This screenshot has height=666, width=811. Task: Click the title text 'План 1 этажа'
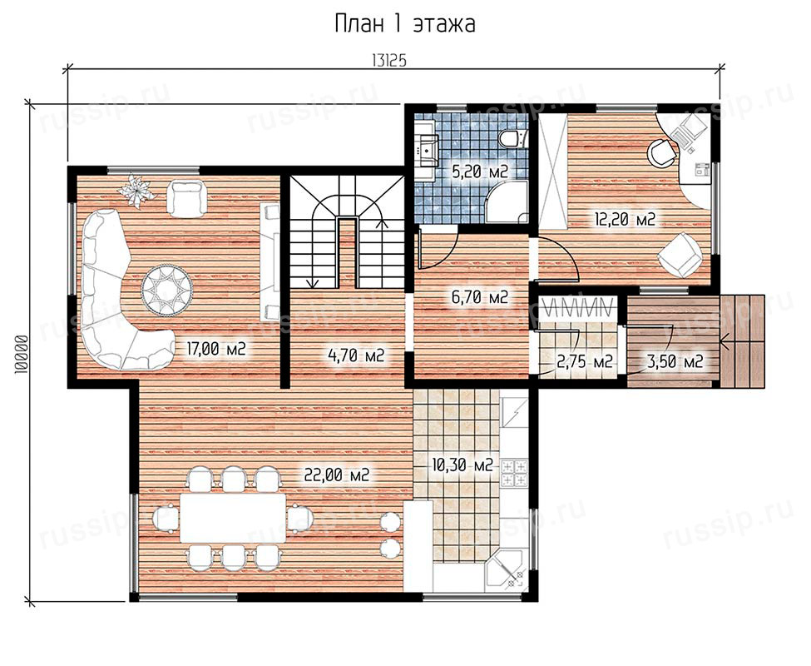click(x=405, y=24)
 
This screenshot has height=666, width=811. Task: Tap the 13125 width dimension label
click(x=389, y=61)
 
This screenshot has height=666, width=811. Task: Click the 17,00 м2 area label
click(x=215, y=350)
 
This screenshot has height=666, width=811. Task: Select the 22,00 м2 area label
click(x=336, y=475)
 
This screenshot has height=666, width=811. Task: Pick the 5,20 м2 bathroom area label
click(x=479, y=171)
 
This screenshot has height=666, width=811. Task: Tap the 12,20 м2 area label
click(x=625, y=220)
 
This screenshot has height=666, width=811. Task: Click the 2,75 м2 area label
click(x=585, y=361)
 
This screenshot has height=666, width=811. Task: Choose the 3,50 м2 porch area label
click(x=675, y=361)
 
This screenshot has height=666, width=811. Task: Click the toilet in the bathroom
click(x=512, y=139)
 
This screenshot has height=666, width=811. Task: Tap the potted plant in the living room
click(x=136, y=191)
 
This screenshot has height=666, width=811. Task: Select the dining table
click(x=232, y=518)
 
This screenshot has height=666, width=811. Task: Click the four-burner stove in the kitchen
click(x=514, y=473)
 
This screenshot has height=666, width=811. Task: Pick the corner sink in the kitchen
click(x=506, y=571)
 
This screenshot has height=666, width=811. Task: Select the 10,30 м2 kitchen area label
click(x=462, y=465)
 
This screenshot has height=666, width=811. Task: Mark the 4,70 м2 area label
click(x=356, y=355)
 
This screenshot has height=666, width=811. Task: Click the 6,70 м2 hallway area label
click(x=479, y=297)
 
